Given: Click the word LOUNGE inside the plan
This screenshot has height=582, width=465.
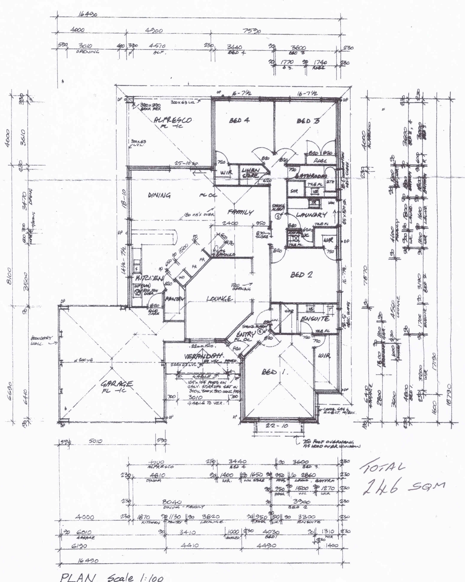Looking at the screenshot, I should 219,299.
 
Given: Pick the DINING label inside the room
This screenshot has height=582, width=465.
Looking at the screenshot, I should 159,195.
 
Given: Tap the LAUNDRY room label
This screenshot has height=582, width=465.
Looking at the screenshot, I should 311,215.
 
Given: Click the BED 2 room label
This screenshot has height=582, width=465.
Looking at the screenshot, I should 301,275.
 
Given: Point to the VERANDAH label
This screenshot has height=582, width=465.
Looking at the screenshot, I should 204,357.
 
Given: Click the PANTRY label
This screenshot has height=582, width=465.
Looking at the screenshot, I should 174,299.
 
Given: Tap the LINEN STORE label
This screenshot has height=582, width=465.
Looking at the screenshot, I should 251,173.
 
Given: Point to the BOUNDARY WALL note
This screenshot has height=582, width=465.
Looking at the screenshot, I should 41,340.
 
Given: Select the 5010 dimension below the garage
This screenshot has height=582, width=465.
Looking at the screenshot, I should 95,441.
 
